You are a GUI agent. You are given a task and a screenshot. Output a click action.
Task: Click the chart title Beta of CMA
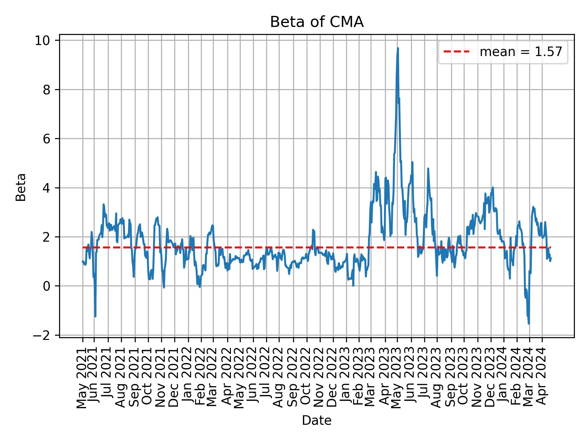point(317,22)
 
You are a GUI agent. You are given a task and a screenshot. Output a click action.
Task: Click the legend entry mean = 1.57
point(521,52)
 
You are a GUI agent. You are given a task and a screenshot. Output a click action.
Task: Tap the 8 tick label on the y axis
point(47,90)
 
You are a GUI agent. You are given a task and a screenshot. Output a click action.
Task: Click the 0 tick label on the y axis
point(47,286)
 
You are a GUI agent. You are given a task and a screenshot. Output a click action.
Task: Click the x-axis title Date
point(317,420)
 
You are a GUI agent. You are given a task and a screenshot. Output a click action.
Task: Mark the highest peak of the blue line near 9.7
point(398,48)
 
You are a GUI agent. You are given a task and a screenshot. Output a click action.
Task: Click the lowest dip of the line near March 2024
point(529,323)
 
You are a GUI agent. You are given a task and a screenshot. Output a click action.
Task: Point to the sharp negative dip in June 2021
point(95,316)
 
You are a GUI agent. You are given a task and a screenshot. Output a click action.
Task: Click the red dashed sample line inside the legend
point(456,52)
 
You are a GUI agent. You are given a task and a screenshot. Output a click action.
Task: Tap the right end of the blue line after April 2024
point(551,259)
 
